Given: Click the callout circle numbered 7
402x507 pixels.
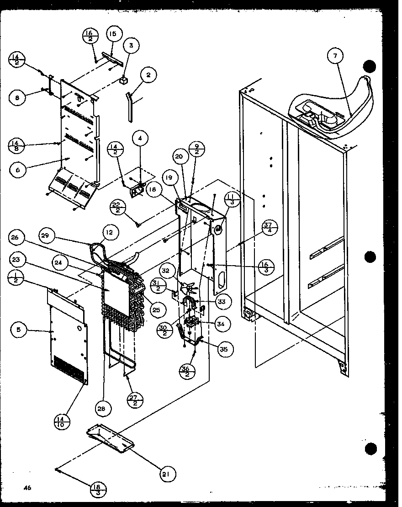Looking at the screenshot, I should click(335, 57).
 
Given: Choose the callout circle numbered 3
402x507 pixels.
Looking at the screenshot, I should click(131, 46).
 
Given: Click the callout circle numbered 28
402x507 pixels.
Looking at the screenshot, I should click(101, 409).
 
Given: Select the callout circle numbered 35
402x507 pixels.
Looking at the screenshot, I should click(223, 350).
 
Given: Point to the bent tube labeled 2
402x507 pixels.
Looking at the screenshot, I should click(130, 106).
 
